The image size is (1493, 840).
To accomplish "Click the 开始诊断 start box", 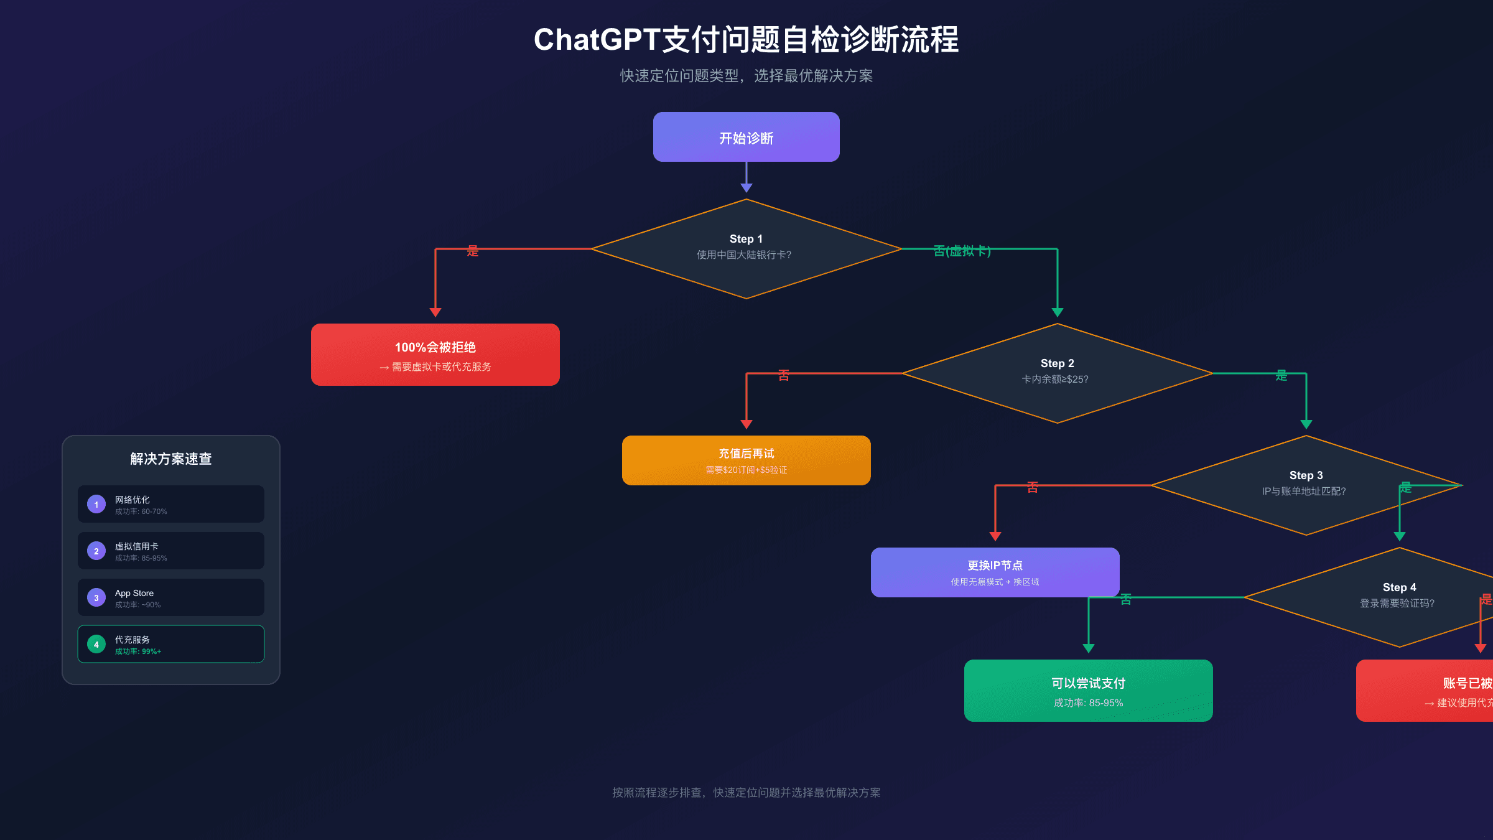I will pos(746,137).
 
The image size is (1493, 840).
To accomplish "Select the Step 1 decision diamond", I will pos(746,249).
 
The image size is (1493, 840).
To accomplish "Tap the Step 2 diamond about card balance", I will pos(1057,373).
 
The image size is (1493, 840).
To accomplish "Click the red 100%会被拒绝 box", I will pos(435,355).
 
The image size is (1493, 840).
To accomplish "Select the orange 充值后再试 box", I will pos(746,460).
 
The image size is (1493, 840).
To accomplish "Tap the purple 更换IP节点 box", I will pos(995,572).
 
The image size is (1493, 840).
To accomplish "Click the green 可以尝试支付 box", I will pos(1088,691).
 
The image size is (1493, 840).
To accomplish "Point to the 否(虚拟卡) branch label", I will pos(962,251).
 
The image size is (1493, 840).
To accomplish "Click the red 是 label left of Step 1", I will pos(473,251).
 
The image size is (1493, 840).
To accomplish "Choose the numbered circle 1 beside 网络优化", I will pos(96,504).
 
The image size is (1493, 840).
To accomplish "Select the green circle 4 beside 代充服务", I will pos(96,645).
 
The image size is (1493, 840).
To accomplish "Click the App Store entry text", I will pos(134,593).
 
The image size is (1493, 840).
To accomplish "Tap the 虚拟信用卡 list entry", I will pos(137,546).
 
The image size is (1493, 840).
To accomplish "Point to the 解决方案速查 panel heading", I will pos(171,459).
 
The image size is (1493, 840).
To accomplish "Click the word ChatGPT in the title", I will pos(596,40).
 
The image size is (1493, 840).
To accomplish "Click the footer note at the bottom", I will pos(746,792).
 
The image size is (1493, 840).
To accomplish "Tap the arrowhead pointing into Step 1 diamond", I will pos(746,188).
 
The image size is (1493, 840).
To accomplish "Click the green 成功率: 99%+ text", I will pos(138,651).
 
